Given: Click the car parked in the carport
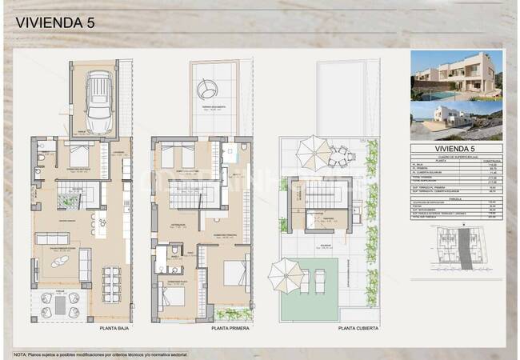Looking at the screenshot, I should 98,102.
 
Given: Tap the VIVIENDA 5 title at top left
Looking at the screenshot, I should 54,23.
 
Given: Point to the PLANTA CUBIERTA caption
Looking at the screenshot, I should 358,328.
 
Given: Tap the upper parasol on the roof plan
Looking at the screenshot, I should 307,148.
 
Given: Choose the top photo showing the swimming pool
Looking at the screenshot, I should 456,74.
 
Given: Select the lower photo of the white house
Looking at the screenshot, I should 456,120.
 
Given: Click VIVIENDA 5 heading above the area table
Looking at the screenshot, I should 456,149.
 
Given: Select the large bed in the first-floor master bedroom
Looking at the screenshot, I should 234,274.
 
